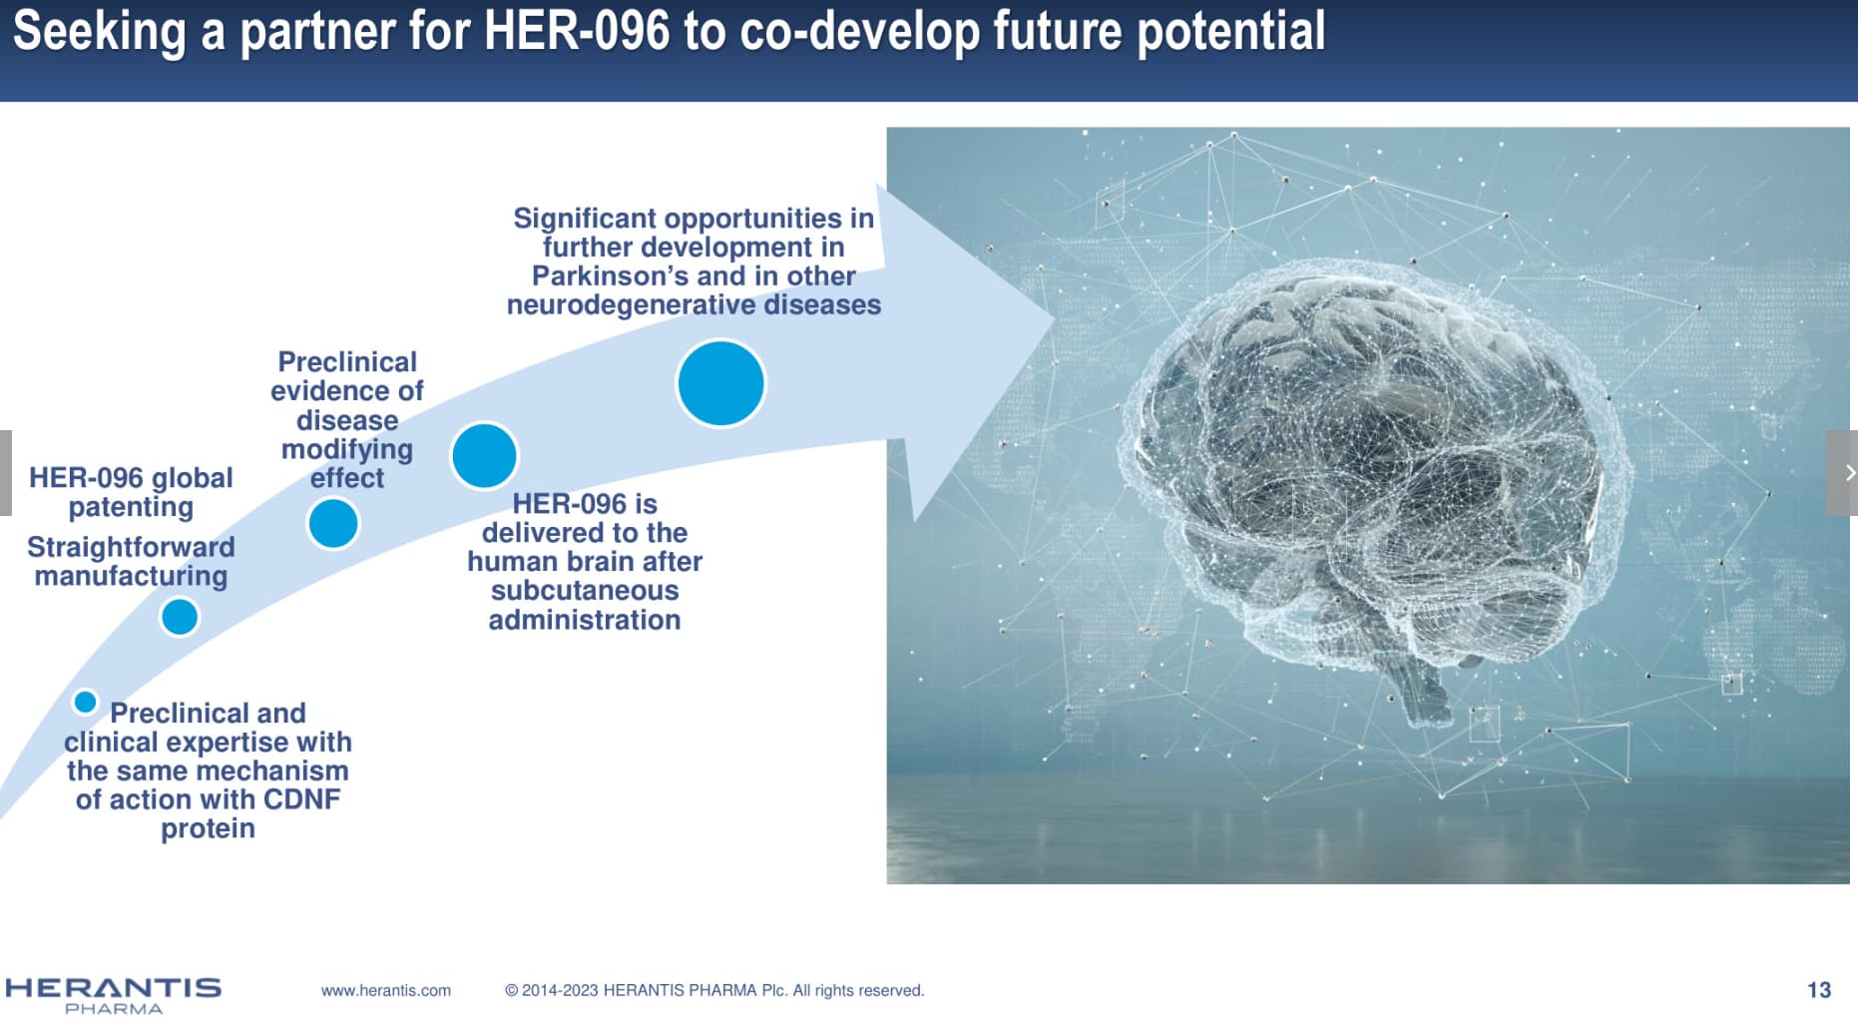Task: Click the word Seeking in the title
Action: pos(99,32)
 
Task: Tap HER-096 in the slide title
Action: pos(577,31)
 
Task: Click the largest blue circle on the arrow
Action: pos(720,383)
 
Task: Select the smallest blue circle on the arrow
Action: pos(86,702)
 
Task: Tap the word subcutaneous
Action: pos(585,591)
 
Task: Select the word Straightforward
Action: pos(131,547)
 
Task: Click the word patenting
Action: pos(131,507)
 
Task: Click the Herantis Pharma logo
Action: pos(113,994)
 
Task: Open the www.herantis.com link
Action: pos(386,990)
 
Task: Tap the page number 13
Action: pos(1818,990)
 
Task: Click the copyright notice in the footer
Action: pos(714,990)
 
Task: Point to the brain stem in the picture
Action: pos(1417,689)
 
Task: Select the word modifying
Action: pos(347,450)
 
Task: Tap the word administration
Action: pos(585,620)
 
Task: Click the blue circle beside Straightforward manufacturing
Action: pos(180,617)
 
